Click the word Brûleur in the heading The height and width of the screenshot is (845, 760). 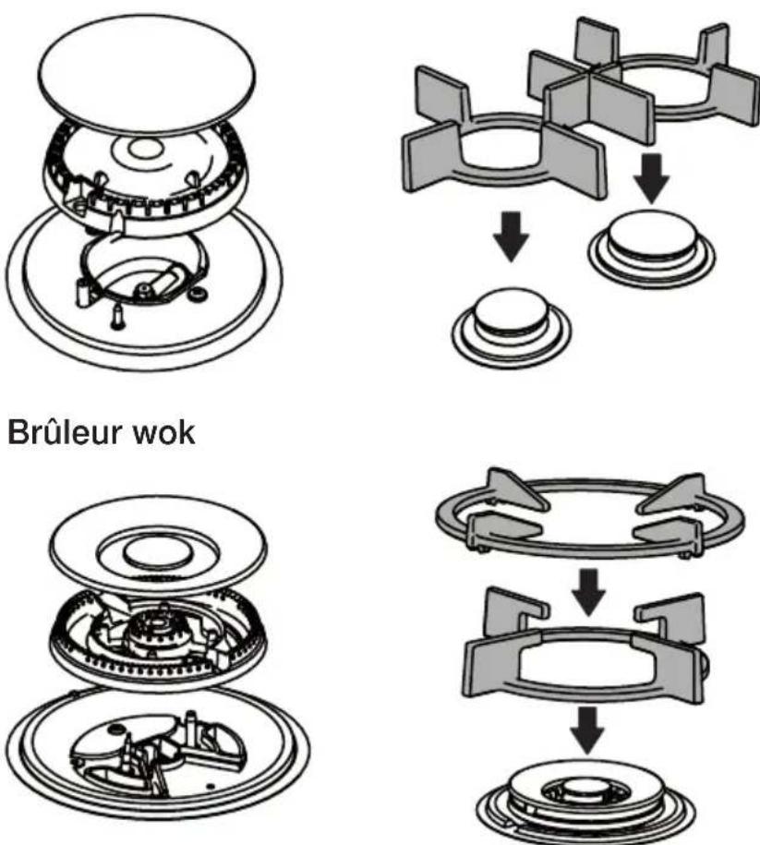coord(66,432)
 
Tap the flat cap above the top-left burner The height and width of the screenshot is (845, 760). coord(147,75)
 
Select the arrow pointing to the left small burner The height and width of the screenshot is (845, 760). coord(512,236)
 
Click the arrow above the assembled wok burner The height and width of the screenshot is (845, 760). coord(588,730)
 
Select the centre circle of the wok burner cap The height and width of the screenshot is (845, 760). coord(156,553)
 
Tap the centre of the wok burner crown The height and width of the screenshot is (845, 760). coord(155,625)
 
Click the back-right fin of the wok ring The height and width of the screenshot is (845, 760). coord(674,493)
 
